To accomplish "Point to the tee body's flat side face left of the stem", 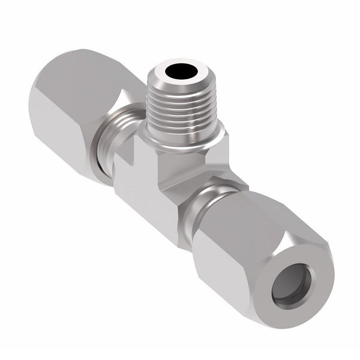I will pyautogui.click(x=135, y=180).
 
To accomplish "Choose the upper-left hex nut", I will pyautogui.click(x=78, y=102).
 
